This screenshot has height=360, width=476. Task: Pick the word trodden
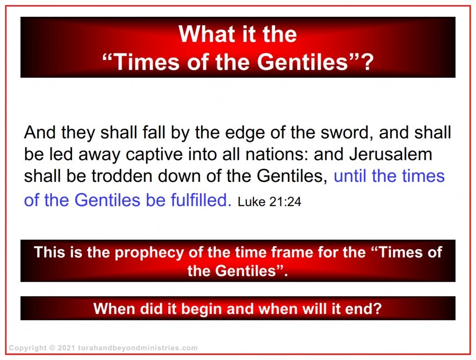click(112, 176)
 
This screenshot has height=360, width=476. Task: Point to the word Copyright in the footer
click(27, 348)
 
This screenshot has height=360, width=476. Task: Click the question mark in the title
click(367, 62)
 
